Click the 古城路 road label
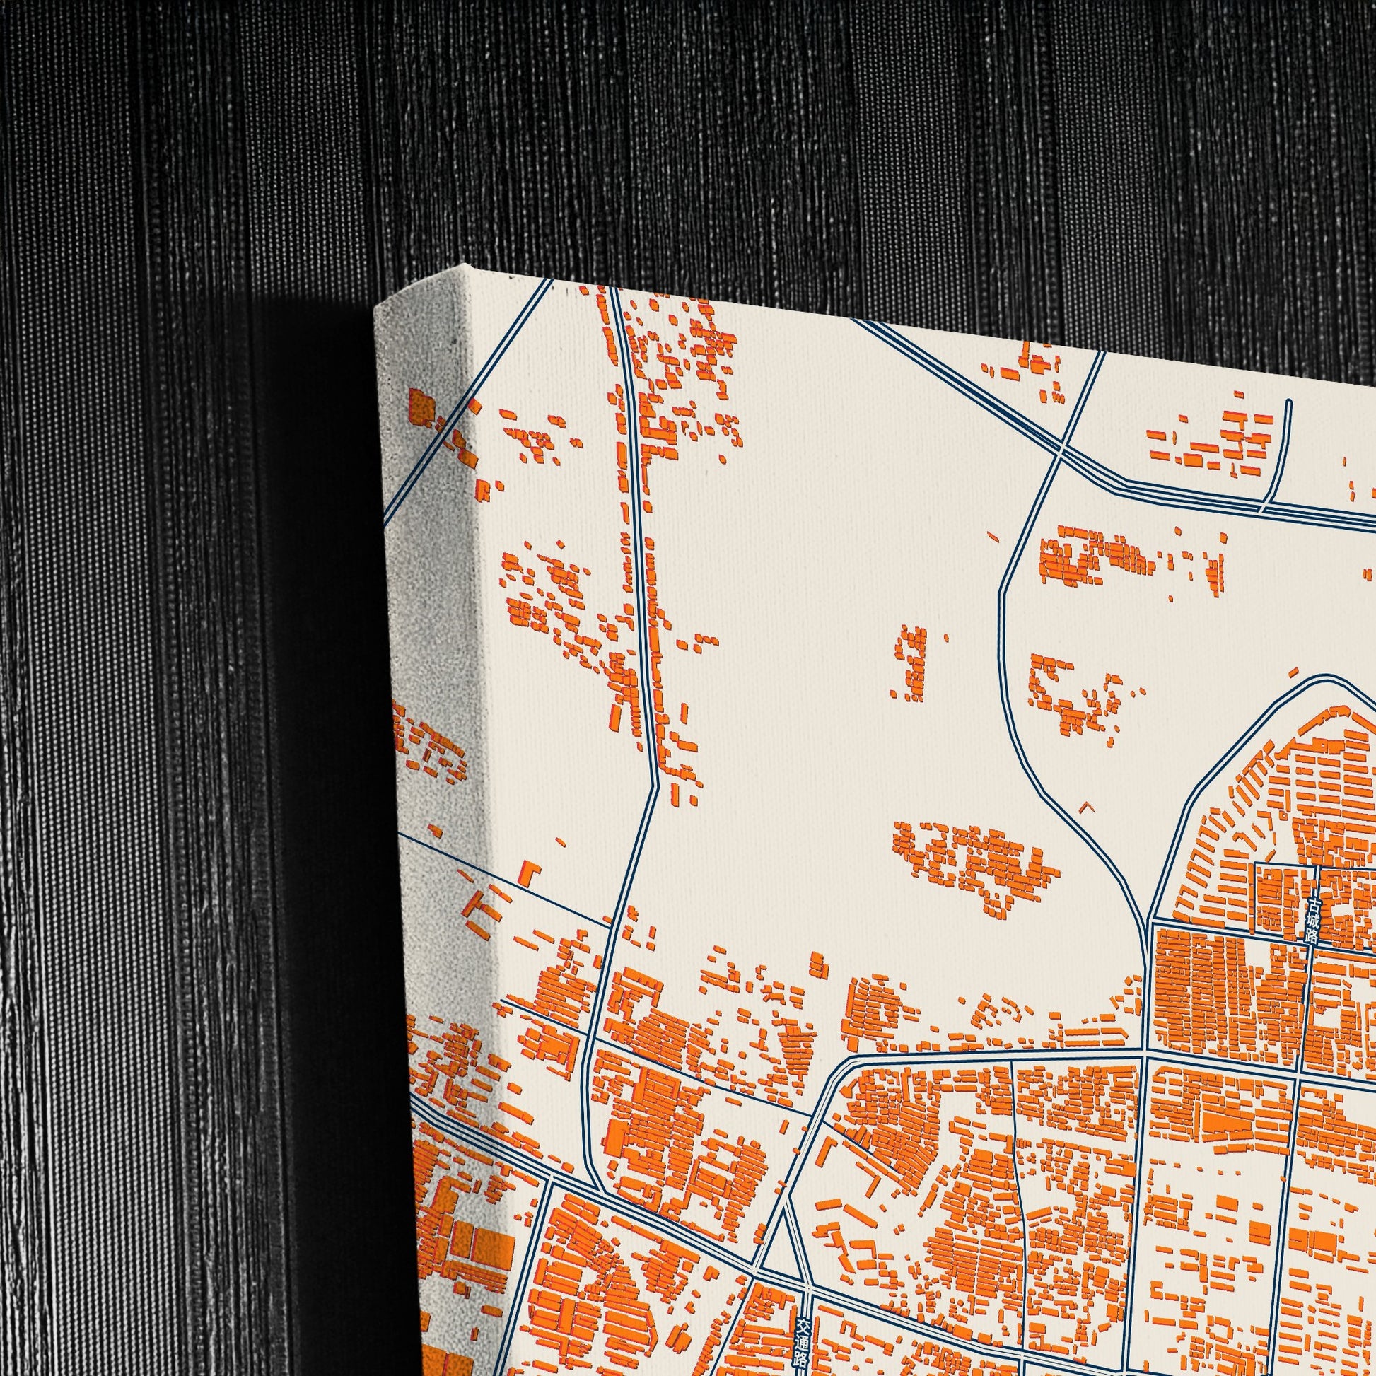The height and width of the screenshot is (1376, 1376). coord(1312,921)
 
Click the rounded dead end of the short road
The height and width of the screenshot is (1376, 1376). coord(1289,402)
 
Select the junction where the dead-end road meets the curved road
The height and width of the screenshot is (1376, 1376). coord(1264,508)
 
